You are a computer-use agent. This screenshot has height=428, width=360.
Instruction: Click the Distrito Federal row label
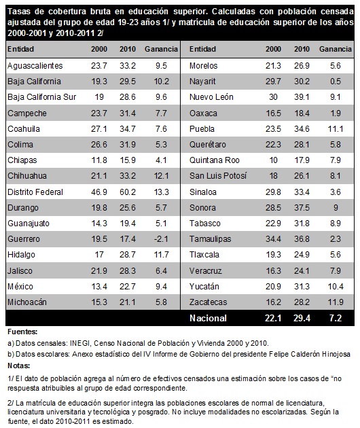click(35, 192)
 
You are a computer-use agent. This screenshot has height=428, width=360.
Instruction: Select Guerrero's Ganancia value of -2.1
click(161, 239)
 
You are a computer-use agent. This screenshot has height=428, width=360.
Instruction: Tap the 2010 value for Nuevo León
click(302, 97)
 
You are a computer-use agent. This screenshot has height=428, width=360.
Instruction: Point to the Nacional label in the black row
click(208, 318)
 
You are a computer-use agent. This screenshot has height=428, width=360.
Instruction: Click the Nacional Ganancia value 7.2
click(335, 318)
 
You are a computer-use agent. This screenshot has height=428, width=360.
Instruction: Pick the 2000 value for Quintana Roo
click(273, 160)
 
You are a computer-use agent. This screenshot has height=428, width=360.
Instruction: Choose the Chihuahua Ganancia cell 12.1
click(161, 176)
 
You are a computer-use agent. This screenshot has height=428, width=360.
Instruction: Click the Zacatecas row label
click(209, 302)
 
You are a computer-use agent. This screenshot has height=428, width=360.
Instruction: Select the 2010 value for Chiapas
click(128, 160)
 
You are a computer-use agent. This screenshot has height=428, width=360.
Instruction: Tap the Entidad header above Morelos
click(202, 49)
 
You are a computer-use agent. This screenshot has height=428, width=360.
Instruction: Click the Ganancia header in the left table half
click(161, 49)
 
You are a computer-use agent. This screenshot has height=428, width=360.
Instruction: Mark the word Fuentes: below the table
click(22, 332)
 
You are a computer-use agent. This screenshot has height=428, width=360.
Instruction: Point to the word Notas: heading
click(18, 365)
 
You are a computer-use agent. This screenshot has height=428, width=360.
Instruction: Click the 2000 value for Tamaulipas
click(273, 239)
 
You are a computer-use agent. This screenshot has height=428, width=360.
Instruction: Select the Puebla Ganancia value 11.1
click(335, 129)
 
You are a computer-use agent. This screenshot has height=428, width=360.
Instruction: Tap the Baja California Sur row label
click(41, 97)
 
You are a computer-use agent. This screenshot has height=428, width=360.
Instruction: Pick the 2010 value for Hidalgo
click(128, 255)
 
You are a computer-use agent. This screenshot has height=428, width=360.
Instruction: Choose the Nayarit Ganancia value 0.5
click(335, 82)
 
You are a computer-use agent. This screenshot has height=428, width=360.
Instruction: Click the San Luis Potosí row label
click(218, 176)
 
